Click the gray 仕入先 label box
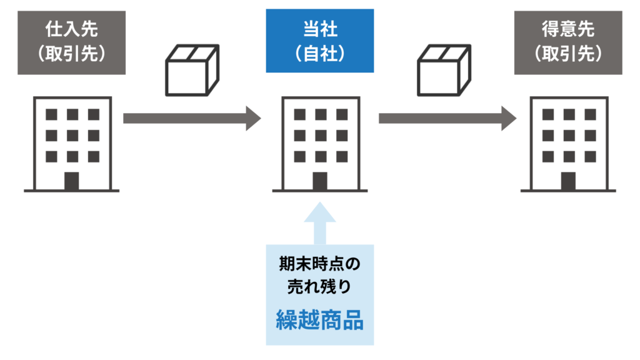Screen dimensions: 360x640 click(71, 41)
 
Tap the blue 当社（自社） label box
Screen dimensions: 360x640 click(320, 41)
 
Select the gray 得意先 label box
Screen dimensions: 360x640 click(568, 41)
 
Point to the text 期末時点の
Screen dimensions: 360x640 click(319, 264)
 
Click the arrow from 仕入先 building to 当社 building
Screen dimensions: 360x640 click(191, 118)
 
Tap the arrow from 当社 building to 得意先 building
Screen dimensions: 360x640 click(447, 118)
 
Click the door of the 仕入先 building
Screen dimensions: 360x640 click(72, 181)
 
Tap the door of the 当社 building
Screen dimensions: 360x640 click(320, 181)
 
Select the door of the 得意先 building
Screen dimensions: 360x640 click(568, 181)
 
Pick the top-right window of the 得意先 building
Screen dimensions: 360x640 click(589, 114)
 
